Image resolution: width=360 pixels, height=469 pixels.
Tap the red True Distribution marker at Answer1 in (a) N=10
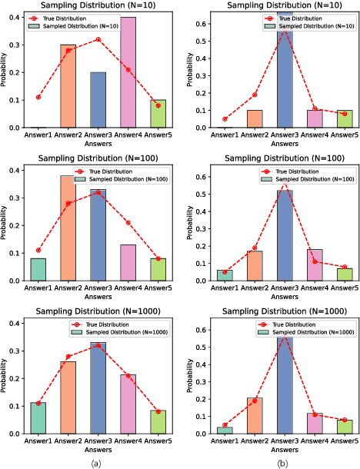[38, 98]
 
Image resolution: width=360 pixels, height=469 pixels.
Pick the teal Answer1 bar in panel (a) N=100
[38, 270]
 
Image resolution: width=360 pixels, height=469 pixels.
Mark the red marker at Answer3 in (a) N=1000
[98, 346]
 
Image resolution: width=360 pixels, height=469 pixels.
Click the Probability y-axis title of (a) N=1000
[5, 377]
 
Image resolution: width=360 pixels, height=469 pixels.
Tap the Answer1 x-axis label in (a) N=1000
[37, 442]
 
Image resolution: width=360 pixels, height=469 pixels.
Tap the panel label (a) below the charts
[95, 463]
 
